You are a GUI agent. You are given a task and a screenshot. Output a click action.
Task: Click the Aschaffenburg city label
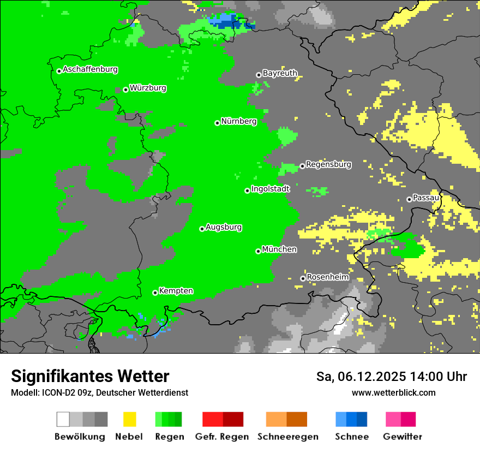(x=90, y=69)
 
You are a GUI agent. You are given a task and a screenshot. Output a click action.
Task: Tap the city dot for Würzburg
(x=125, y=90)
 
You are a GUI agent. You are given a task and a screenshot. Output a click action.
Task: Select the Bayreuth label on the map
(x=280, y=73)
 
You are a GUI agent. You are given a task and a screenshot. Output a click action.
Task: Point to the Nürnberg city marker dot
(x=217, y=123)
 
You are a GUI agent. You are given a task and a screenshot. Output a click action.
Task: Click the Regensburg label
(x=328, y=164)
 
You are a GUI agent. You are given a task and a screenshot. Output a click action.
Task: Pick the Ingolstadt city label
(x=270, y=189)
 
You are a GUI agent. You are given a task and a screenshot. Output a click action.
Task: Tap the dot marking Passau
(x=409, y=199)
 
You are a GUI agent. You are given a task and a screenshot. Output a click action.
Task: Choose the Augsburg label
(x=224, y=227)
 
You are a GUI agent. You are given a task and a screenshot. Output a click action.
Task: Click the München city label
(x=279, y=249)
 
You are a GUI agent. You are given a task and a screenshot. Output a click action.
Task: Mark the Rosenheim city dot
(x=303, y=278)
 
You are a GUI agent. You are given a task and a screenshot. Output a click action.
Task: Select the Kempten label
(x=176, y=291)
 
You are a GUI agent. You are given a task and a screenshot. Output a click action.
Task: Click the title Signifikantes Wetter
(x=90, y=376)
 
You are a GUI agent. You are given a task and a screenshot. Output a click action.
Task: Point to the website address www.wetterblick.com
(x=393, y=392)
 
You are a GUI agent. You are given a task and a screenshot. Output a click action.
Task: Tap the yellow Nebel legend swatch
(x=129, y=419)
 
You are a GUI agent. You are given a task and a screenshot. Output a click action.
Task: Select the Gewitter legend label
(x=402, y=437)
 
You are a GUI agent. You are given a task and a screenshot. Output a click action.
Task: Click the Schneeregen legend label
(x=288, y=437)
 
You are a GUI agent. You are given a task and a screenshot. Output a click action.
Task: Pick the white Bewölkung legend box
(x=63, y=419)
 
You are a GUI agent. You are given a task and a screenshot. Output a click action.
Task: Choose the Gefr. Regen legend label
(x=222, y=437)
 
